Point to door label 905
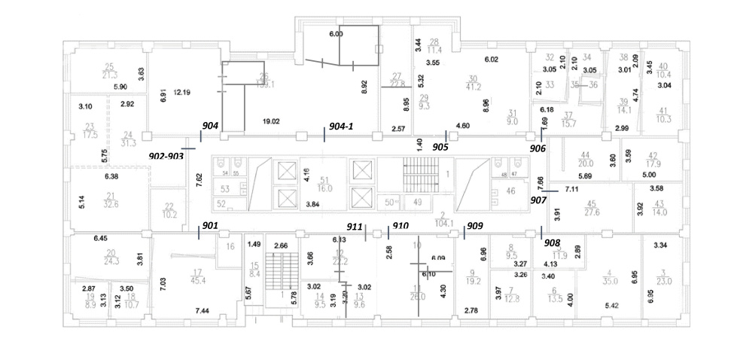440,147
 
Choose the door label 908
552,243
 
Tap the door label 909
475,225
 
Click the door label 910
401,225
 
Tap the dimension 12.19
182,93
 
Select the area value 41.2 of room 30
474,87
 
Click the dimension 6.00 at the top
336,34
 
